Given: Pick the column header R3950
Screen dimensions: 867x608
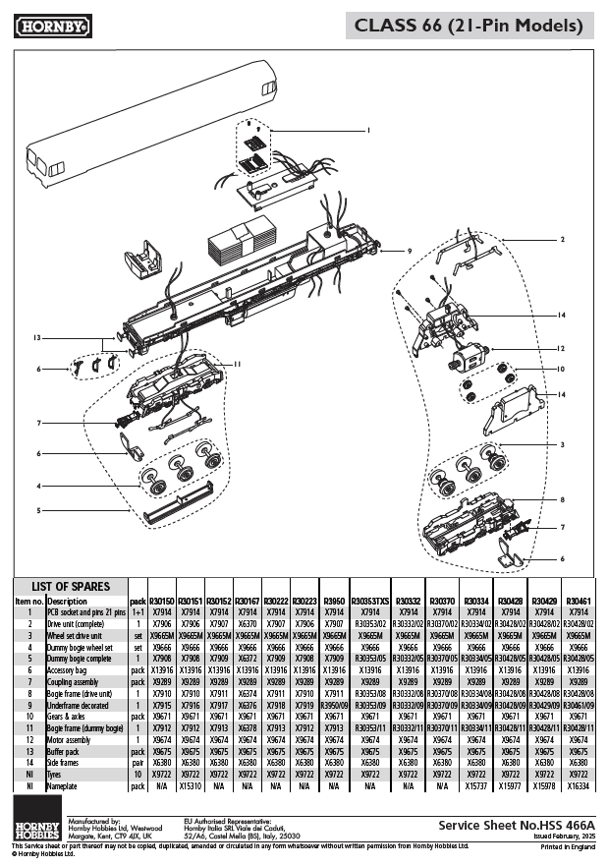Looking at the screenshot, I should [x=334, y=600].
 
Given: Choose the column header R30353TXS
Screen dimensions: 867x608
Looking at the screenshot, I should [x=369, y=600].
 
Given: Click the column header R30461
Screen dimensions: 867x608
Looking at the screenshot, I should [x=579, y=600].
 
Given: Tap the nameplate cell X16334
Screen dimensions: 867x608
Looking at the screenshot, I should [x=579, y=786].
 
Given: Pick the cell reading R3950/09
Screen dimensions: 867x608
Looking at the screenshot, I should [x=334, y=704].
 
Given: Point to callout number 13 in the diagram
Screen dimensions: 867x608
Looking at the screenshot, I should [x=36, y=337].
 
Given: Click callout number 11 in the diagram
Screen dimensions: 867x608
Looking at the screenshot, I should [x=237, y=363].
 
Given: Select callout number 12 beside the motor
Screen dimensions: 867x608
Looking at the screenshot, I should [x=560, y=348].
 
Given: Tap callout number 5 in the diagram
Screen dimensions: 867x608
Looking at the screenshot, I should [x=38, y=510].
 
